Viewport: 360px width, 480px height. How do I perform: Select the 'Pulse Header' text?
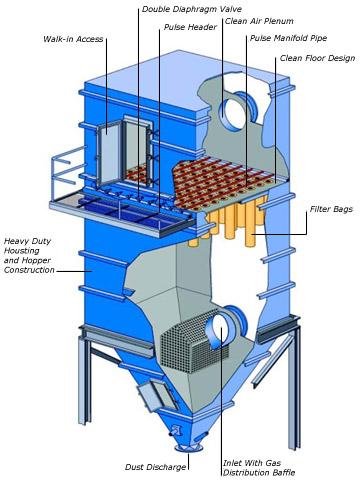[x=189, y=28]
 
